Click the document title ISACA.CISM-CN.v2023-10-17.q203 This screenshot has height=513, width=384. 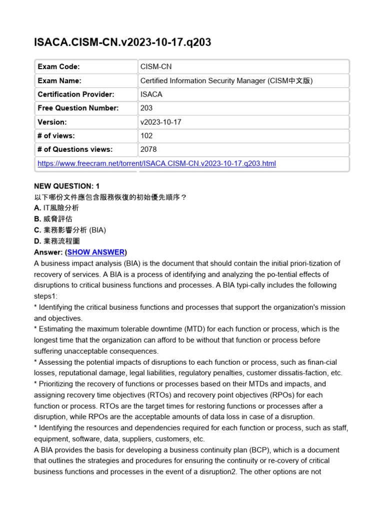pyautogui.click(x=122, y=43)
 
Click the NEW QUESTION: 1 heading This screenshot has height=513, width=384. pyautogui.click(x=66, y=186)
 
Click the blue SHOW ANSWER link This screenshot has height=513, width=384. pyautogui.click(x=96, y=252)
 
